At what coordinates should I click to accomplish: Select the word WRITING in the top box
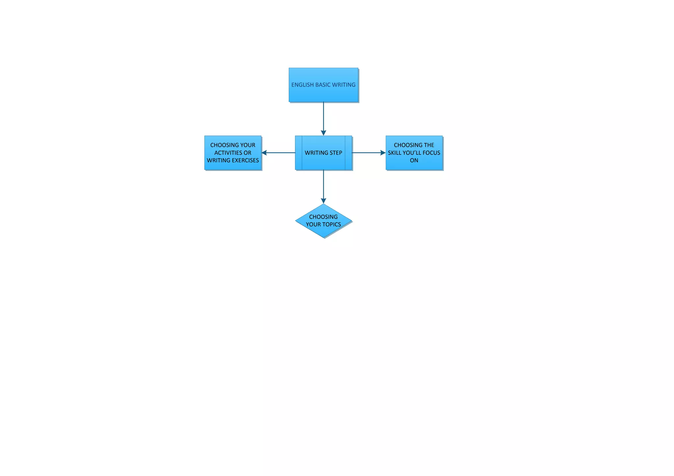(x=344, y=85)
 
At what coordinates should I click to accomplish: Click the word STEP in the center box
(x=334, y=153)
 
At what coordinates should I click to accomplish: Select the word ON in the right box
(x=414, y=160)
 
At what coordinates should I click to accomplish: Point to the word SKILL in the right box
(x=394, y=153)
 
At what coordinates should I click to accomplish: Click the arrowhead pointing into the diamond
(x=324, y=201)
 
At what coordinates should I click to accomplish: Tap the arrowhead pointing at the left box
(x=264, y=153)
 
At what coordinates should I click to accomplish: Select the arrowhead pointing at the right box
(x=383, y=153)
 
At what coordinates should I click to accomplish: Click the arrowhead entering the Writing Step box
(x=324, y=132)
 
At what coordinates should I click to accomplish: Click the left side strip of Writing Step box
(x=298, y=153)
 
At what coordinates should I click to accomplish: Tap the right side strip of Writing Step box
(x=349, y=153)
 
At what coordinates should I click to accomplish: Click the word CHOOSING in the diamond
(x=323, y=217)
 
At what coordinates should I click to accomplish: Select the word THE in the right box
(x=429, y=145)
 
